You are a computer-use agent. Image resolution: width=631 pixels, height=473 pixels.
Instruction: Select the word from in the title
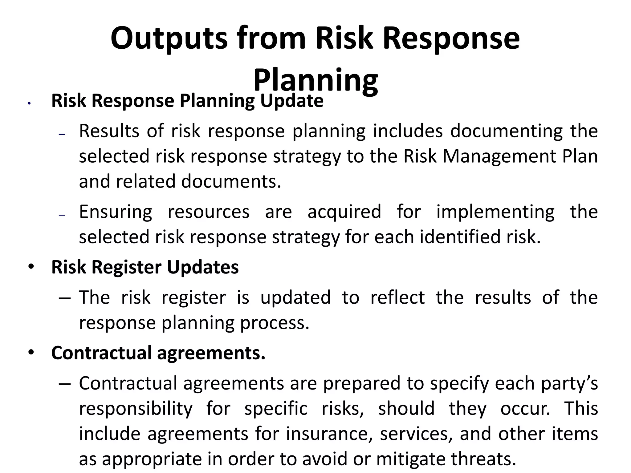click(271, 38)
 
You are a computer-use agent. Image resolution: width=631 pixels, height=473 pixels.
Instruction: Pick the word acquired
click(344, 212)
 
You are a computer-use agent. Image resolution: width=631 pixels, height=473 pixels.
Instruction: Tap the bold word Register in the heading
click(126, 267)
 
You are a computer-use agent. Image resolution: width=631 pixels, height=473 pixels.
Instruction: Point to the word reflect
click(397, 298)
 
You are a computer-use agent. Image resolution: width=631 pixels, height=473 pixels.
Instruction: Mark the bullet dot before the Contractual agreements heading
click(31, 352)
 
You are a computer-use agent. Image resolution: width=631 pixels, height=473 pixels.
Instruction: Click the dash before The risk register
click(64, 298)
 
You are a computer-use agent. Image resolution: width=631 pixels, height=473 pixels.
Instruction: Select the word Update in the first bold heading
click(291, 101)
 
